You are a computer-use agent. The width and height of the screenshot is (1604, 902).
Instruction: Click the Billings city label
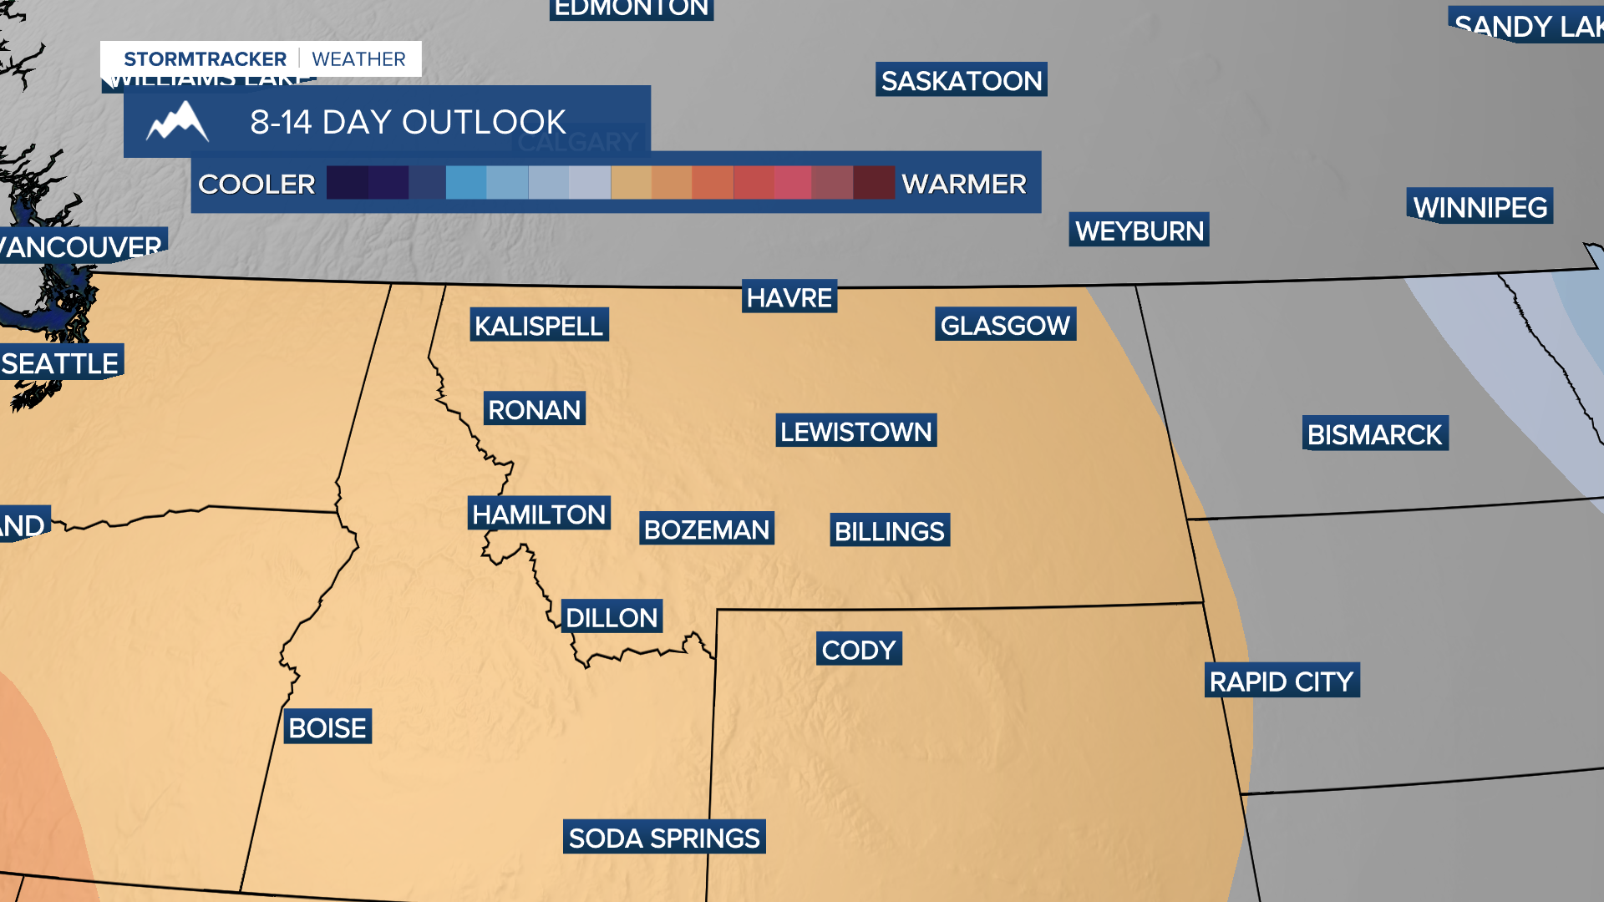pos(889,530)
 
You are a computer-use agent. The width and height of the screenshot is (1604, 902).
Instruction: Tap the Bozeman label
pos(706,529)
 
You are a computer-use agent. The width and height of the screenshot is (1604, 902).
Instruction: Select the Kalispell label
pos(539,325)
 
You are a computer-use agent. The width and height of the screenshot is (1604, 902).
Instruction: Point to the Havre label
pos(789,296)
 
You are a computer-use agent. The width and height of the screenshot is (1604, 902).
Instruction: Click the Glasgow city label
pos(1005,324)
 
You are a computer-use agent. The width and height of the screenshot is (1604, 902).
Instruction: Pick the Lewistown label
pos(855,431)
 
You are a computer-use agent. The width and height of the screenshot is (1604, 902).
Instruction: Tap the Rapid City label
pos(1281,681)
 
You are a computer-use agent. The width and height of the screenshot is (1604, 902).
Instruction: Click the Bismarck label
pos(1374,433)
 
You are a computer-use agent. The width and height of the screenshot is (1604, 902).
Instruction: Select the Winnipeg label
pos(1480,206)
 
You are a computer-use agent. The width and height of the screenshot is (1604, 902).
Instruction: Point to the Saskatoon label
pos(961,80)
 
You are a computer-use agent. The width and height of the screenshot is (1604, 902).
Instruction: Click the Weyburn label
pos(1139,230)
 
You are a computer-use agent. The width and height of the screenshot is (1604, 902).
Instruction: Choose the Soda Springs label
pos(664,837)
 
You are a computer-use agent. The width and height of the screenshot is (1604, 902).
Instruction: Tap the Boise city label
pos(327,727)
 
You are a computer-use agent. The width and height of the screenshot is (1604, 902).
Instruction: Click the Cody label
pos(858,649)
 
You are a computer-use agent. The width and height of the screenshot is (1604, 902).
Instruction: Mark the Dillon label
pos(612,616)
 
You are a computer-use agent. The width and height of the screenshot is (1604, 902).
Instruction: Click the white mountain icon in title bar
pos(177,122)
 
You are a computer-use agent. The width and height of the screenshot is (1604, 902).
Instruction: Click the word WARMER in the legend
pos(963,183)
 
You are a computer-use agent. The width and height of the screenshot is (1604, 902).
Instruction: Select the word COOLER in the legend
pos(256,183)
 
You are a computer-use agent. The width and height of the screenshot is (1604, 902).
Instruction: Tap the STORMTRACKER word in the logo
pos(205,58)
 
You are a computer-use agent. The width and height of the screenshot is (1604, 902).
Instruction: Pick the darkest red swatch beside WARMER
pos(874,182)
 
